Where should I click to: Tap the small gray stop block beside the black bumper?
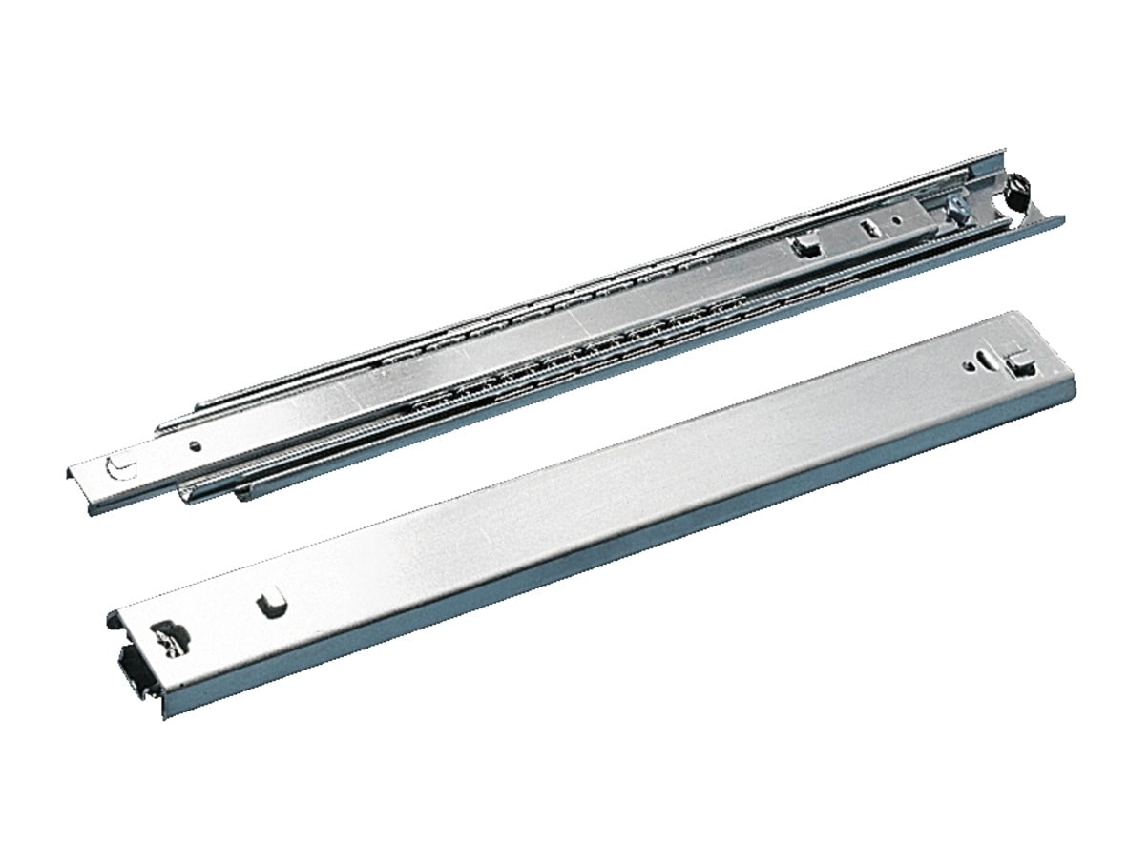958,209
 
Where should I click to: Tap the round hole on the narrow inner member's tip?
195,445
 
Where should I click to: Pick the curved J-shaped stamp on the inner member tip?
121,469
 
